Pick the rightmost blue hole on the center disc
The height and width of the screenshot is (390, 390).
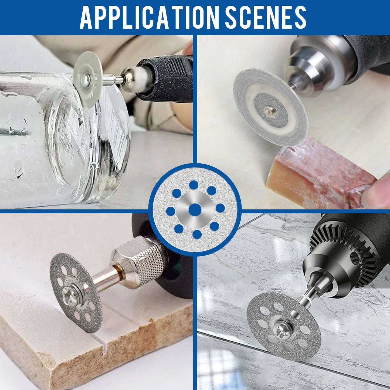point(220,208)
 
